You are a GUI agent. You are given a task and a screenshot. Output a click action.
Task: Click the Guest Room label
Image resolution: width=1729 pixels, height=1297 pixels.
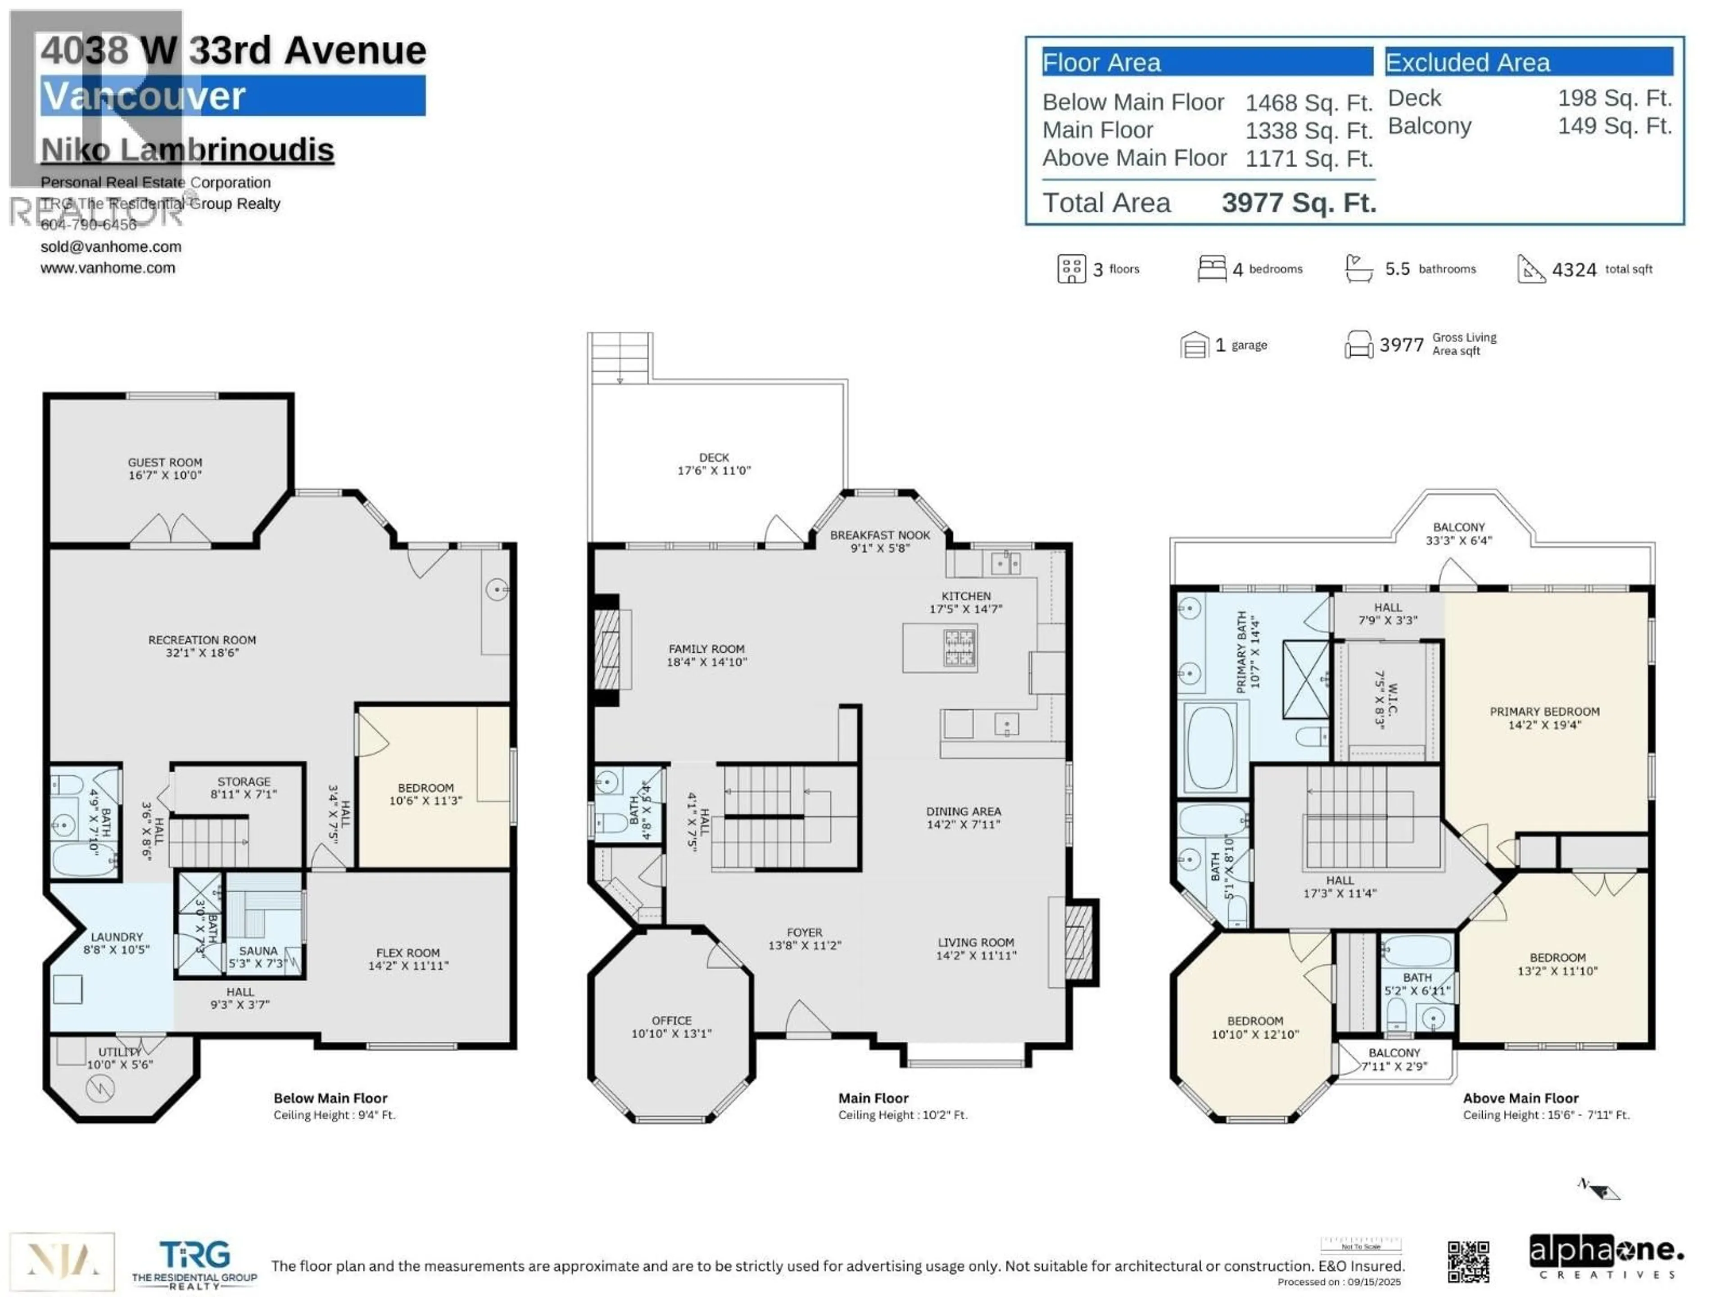tap(165, 468)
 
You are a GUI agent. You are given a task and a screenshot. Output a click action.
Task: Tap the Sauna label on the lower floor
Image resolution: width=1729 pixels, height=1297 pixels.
tap(258, 957)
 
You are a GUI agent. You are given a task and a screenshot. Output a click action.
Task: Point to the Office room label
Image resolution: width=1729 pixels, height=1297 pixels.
tap(671, 1026)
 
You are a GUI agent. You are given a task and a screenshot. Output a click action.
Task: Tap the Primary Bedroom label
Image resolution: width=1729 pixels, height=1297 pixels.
tap(1544, 718)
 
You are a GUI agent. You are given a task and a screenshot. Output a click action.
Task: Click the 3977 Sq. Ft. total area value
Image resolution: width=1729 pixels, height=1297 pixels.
tap(1298, 203)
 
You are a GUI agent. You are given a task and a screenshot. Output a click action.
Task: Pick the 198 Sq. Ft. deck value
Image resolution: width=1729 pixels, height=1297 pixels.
tap(1614, 99)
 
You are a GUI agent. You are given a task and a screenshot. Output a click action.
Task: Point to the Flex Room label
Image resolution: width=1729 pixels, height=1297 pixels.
tap(408, 958)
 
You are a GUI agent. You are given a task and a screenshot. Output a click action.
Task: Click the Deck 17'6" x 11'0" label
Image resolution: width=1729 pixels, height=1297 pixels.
tap(714, 463)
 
